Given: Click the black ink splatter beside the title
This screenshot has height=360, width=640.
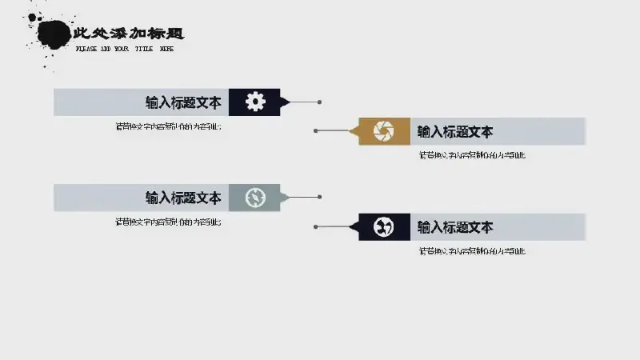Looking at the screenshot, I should [x=52, y=34].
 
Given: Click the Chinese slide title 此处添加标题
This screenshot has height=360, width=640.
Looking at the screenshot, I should [x=128, y=34].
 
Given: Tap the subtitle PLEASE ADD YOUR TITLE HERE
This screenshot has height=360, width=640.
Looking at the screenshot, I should [x=124, y=49].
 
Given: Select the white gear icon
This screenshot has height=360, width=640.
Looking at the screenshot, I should [x=254, y=102].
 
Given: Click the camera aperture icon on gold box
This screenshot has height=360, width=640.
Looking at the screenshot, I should [x=384, y=131].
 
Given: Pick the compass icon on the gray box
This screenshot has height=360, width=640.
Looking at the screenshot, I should [x=254, y=198].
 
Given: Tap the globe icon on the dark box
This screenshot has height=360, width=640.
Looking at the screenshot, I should [x=384, y=227].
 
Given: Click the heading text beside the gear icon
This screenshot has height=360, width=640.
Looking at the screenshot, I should [x=183, y=102].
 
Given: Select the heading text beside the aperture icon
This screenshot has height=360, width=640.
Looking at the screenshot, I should [x=455, y=132].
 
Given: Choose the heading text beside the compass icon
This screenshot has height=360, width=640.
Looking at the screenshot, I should [x=183, y=198].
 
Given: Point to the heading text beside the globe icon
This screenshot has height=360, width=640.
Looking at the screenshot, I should [x=455, y=227].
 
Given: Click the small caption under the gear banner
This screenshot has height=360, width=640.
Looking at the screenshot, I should [x=168, y=126].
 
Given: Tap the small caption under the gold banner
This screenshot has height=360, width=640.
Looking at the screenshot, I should [x=472, y=156].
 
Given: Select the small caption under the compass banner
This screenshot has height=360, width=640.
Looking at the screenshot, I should [x=168, y=222].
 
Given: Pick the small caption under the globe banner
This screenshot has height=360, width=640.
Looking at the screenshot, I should [x=472, y=252].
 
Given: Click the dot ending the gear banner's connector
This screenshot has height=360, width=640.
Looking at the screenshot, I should [x=320, y=102].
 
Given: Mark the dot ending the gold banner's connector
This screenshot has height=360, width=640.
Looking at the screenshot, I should [x=316, y=130].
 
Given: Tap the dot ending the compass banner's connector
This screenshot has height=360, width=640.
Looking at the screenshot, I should [x=320, y=197].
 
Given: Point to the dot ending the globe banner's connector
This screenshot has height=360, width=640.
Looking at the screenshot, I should [x=316, y=226].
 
